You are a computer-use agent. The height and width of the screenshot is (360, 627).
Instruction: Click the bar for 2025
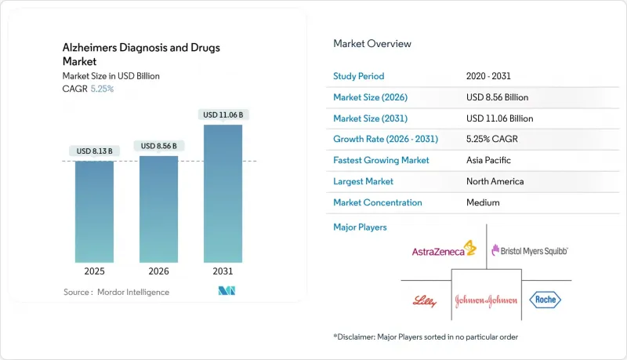95,211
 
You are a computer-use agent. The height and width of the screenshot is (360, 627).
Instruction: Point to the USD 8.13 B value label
95,151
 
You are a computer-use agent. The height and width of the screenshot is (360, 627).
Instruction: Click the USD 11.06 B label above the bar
223,115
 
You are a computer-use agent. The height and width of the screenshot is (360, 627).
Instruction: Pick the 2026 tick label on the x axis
159,272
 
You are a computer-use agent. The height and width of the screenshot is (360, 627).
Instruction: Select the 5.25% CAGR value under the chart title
102,89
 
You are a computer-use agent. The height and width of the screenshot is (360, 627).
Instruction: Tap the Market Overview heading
372,44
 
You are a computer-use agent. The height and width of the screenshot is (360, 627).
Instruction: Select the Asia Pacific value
487,160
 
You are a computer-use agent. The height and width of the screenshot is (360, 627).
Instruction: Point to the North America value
495,181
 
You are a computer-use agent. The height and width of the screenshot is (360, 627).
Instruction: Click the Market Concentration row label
378,202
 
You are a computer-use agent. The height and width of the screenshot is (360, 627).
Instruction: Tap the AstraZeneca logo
444,250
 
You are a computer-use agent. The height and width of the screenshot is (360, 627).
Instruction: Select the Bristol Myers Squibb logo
529,250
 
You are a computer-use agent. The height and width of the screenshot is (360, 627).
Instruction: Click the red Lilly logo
423,300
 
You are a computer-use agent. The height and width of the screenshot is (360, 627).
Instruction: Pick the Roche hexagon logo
545,300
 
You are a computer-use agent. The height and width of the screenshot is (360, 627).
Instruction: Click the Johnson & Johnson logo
486,300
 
